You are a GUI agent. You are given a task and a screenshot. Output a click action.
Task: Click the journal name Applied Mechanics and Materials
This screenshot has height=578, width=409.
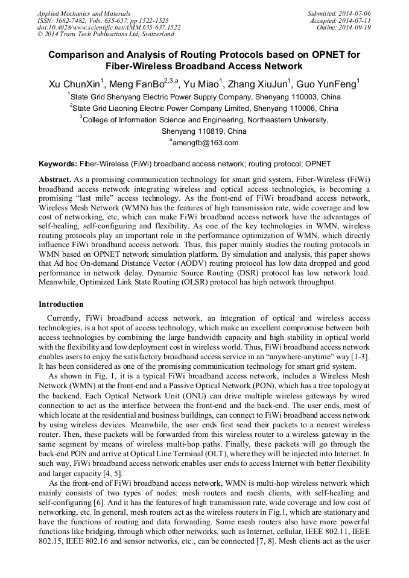point(83,13)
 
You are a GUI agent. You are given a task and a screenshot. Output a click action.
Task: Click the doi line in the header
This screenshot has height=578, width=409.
point(109,27)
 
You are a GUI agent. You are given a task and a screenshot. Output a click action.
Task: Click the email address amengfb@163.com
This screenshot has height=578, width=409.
point(205,143)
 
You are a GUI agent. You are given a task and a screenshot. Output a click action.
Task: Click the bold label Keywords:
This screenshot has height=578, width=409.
point(58,164)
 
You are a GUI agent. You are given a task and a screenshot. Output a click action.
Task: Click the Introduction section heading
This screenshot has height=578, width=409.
point(61,304)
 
